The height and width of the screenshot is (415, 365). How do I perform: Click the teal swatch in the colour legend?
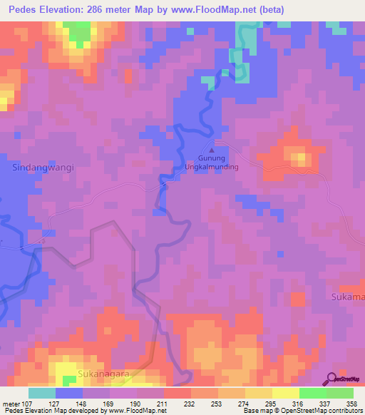[x=42, y=393]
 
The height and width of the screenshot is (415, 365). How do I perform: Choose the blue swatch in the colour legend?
[x=69, y=393]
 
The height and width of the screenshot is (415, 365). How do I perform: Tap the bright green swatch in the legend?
[x=313, y=393]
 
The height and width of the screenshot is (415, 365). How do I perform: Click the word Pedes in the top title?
[x=24, y=10]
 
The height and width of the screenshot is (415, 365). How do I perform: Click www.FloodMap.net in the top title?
[x=240, y=10]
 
